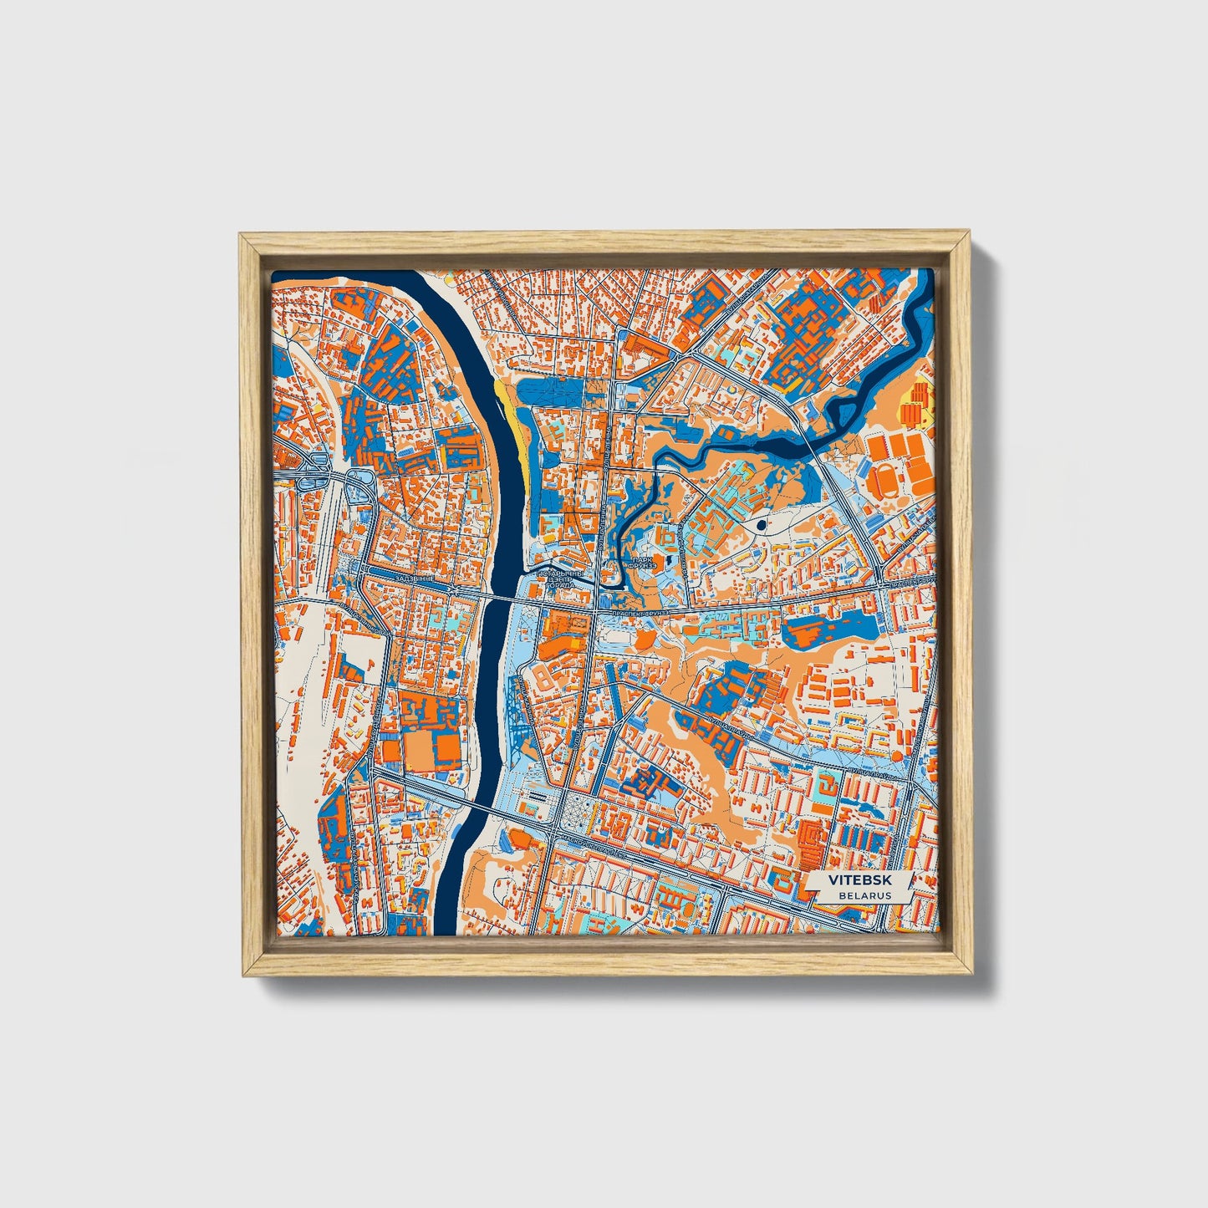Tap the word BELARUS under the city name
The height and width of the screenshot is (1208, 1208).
[865, 895]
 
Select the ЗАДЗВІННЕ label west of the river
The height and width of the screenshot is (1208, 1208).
[417, 579]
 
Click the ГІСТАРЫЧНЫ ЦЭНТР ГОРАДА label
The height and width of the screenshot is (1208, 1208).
[558, 579]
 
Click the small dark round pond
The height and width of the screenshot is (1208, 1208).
[761, 525]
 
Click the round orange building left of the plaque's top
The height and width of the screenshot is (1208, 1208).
[897, 756]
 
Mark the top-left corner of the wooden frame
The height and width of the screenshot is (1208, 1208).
[240, 235]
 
